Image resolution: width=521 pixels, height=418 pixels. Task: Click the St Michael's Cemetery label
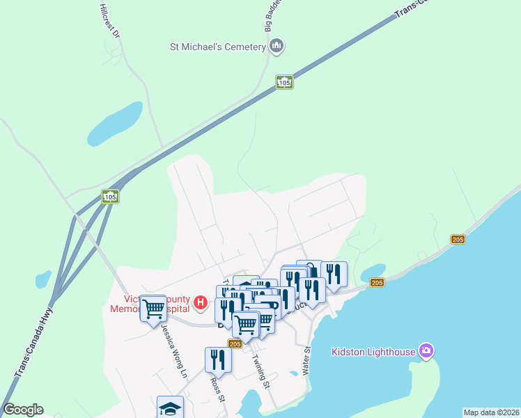coord(217,47)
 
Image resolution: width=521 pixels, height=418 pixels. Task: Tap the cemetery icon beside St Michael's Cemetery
coord(277,47)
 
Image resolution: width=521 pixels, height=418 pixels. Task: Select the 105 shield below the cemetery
coord(283,82)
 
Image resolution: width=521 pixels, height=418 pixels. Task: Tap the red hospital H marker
coord(201,302)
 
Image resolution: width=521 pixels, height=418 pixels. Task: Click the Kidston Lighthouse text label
coord(373,351)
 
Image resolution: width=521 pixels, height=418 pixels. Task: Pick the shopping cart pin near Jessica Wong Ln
coord(153,309)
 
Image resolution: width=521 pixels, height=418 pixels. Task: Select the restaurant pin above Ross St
coord(218,359)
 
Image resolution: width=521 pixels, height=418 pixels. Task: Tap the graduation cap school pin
coord(170,408)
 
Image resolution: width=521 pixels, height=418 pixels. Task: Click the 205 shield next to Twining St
coord(235,343)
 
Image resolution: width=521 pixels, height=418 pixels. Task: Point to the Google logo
coord(23,410)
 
